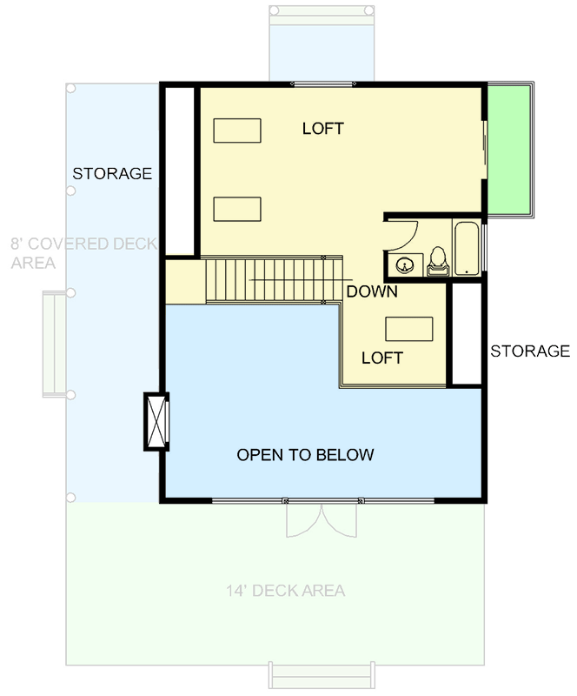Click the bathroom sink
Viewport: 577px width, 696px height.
(x=404, y=264)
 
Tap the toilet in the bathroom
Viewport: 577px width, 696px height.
(x=437, y=261)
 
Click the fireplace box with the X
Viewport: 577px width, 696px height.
(x=156, y=420)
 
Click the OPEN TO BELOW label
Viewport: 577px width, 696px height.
(x=305, y=454)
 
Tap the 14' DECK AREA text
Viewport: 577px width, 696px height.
(x=286, y=591)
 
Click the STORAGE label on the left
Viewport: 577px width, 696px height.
(x=112, y=173)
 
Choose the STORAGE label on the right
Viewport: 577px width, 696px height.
(x=530, y=351)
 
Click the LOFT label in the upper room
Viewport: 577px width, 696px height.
(x=323, y=129)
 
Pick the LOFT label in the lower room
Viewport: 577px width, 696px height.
(x=382, y=358)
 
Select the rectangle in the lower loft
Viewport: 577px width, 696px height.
(x=409, y=329)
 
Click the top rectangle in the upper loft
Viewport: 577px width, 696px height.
(x=237, y=130)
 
